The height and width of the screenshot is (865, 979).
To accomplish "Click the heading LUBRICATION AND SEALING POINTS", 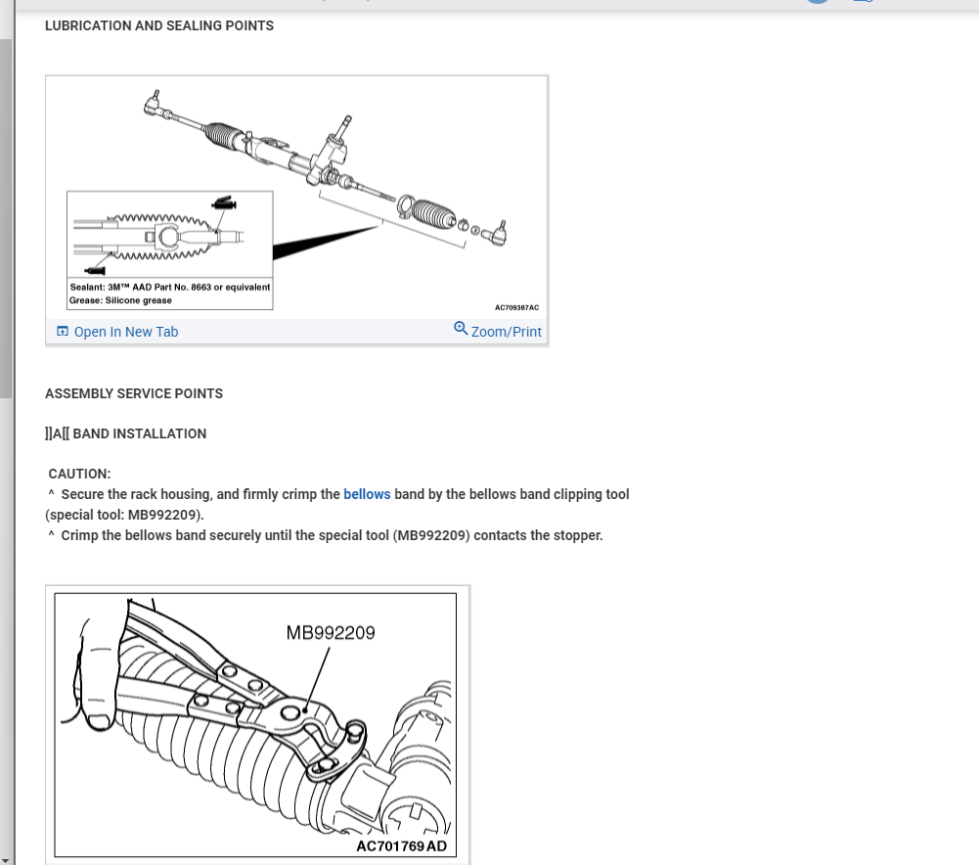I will [158, 25].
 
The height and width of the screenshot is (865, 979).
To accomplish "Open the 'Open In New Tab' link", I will [125, 332].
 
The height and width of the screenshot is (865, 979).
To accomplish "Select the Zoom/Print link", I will [506, 332].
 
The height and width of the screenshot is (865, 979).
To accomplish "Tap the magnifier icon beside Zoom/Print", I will [461, 329].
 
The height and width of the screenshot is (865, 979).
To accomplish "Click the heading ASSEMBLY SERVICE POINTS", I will [134, 393].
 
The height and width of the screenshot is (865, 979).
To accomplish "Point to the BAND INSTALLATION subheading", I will [139, 433].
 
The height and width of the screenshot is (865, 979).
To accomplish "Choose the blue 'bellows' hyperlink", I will [367, 494].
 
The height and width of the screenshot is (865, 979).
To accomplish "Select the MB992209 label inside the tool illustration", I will [331, 632].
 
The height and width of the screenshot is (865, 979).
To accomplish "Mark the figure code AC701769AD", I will [401, 845].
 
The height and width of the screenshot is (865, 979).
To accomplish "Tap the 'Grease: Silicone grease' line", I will [121, 300].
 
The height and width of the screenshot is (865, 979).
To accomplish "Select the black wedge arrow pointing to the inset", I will [323, 243].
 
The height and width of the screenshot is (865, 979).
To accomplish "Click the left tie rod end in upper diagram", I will [154, 102].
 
